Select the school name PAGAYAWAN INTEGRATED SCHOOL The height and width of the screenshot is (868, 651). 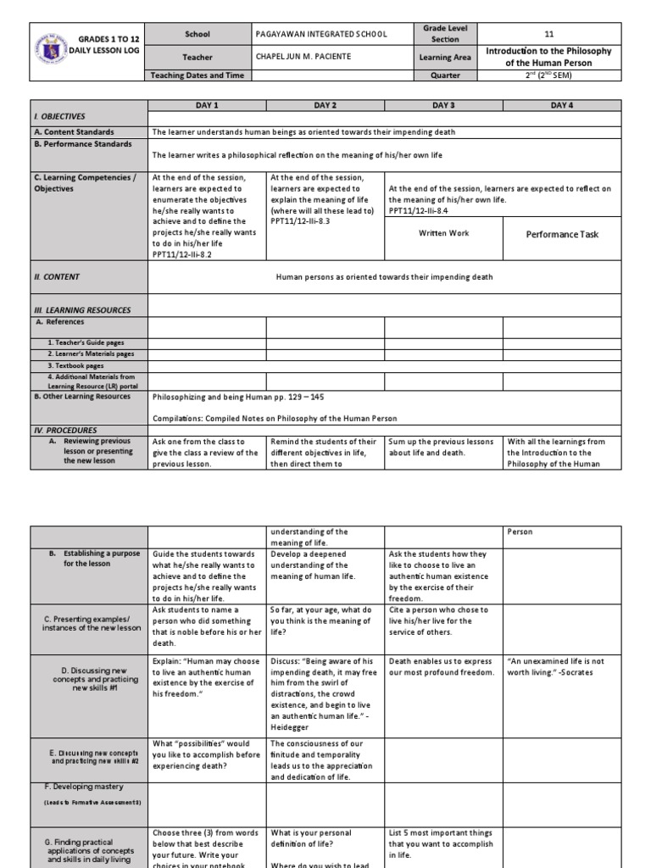(x=321, y=34)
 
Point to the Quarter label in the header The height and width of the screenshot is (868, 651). (x=445, y=75)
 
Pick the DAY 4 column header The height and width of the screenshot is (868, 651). (x=562, y=105)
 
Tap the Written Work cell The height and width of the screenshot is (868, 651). (x=443, y=233)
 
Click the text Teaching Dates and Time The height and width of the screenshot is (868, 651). (x=197, y=75)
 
